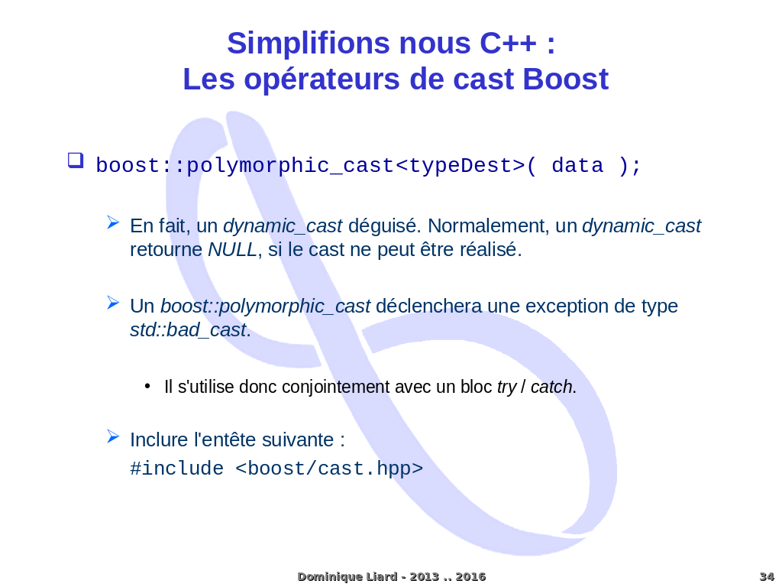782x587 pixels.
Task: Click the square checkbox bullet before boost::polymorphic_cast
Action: coord(75,161)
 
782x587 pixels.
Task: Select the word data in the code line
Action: coord(577,166)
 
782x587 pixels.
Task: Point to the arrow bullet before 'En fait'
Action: coord(113,222)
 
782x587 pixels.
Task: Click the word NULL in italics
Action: coord(232,250)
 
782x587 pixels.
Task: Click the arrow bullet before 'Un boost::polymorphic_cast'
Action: coord(113,303)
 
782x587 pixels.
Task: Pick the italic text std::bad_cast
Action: coord(188,330)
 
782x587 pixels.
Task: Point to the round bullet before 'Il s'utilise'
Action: coord(147,386)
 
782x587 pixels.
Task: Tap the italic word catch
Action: coord(551,388)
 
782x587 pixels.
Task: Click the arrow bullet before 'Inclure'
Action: coord(113,436)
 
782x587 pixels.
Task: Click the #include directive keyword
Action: coord(176,469)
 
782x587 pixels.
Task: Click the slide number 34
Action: coord(766,576)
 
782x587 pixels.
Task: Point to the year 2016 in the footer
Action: coord(470,576)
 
